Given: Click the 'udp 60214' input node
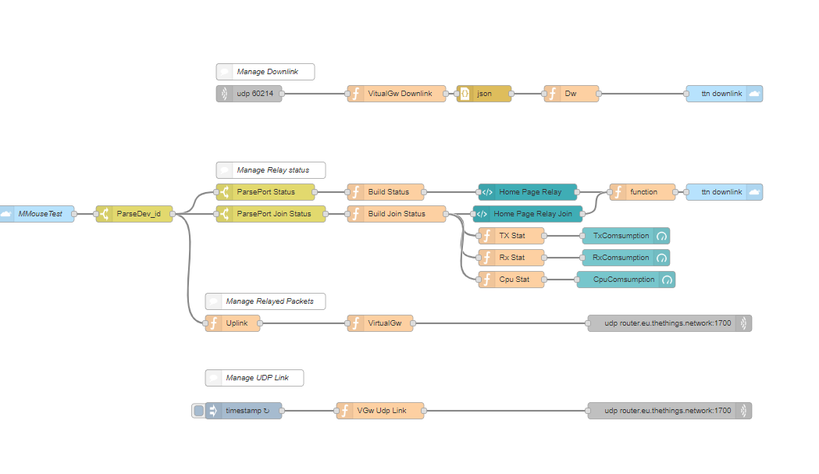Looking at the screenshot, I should click(249, 94).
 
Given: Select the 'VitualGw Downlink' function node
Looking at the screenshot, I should click(397, 94).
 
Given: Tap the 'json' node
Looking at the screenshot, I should click(484, 94).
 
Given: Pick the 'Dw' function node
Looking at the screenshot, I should click(572, 94).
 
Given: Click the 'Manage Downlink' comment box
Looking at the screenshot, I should click(265, 72).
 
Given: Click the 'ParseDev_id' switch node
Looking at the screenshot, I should click(134, 214).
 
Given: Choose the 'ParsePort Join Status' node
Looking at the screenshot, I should click(271, 214).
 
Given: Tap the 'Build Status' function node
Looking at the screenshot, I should click(386, 192).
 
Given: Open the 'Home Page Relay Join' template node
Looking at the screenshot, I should click(528, 214).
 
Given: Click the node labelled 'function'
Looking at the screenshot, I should click(643, 192).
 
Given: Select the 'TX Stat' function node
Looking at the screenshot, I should click(511, 236).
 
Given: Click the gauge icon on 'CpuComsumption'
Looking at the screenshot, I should click(667, 280).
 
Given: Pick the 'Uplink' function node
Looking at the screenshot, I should click(233, 323).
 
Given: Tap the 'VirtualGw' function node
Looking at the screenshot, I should click(380, 323).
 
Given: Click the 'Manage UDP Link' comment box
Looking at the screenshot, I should click(255, 378).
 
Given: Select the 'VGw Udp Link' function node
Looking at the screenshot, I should click(380, 411).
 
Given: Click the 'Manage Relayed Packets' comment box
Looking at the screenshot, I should click(265, 301).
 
